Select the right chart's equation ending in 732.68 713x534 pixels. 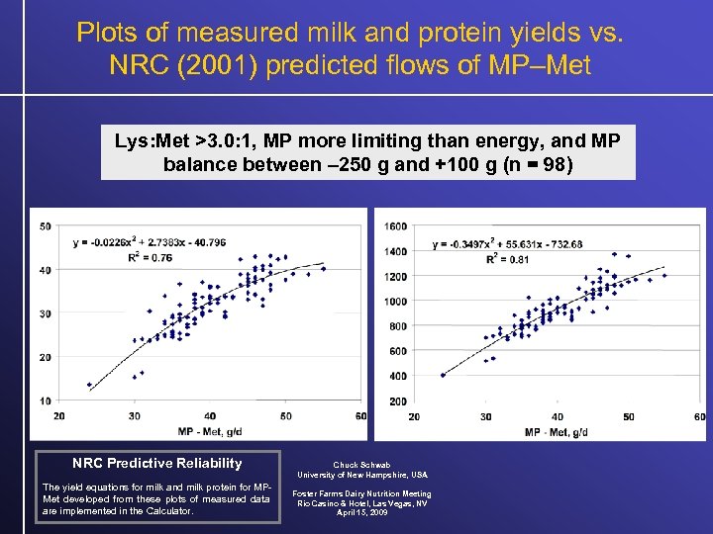point(509,244)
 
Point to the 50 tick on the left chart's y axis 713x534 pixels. point(46,226)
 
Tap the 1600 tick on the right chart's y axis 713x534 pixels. point(396,226)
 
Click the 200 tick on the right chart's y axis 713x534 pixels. point(399,401)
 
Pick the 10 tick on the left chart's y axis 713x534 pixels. point(46,400)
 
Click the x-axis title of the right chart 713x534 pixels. point(560,432)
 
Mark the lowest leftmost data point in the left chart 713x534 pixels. point(89,385)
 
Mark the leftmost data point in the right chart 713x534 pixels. point(443,375)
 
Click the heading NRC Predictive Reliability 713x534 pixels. point(156,463)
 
